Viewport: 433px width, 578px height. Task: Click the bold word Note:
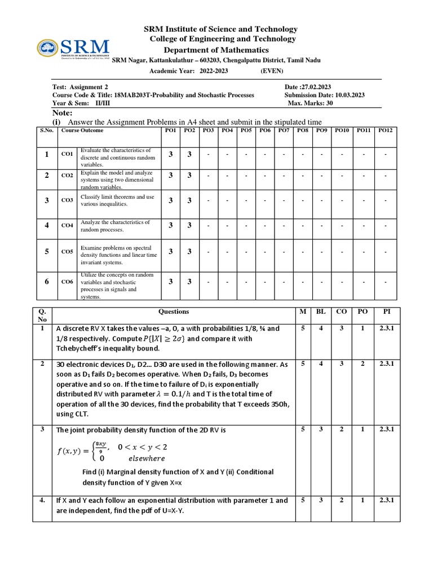tap(62, 113)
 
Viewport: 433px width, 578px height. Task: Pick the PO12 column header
tap(385, 131)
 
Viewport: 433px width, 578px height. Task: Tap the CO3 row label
tap(67, 200)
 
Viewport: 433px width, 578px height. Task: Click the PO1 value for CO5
tap(170, 251)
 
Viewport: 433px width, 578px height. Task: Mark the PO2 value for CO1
tap(189, 154)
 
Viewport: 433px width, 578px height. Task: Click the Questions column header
tap(174, 312)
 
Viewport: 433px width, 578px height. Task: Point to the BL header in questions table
tap(321, 312)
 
